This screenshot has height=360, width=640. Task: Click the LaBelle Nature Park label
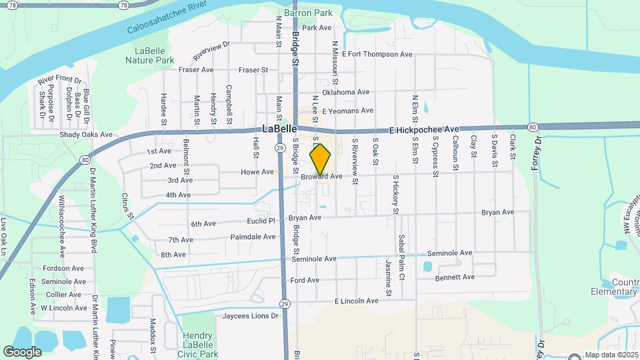click(x=149, y=55)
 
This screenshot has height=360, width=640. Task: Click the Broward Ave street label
click(x=321, y=177)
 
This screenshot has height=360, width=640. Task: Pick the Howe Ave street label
click(x=257, y=172)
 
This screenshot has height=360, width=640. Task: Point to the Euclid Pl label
click(x=261, y=220)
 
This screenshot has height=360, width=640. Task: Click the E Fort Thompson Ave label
click(x=377, y=54)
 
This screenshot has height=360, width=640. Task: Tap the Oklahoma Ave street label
click(x=345, y=92)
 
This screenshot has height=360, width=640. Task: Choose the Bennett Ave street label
click(x=455, y=277)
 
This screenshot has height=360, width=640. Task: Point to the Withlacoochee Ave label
click(x=61, y=234)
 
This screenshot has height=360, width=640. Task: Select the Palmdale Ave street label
click(x=253, y=237)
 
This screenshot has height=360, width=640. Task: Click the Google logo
click(x=22, y=351)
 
